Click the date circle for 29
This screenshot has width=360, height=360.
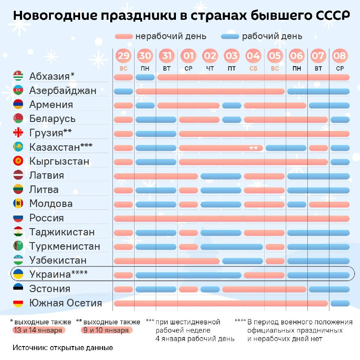(x=124, y=56)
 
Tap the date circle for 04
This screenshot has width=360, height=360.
(x=253, y=56)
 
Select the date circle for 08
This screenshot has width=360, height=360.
(x=340, y=56)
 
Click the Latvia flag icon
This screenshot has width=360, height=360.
(x=18, y=175)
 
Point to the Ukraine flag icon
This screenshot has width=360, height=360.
(x=18, y=274)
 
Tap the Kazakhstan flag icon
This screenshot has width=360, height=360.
(x=18, y=147)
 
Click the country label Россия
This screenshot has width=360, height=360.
(x=46, y=218)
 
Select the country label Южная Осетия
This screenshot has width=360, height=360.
(x=66, y=303)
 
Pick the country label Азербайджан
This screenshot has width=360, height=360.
(x=63, y=90)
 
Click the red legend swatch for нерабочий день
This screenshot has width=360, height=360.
(x=124, y=36)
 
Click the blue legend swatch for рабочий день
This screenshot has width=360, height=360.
(x=230, y=36)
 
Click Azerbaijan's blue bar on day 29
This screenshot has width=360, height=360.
(x=123, y=91)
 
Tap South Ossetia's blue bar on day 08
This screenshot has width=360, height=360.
(x=340, y=303)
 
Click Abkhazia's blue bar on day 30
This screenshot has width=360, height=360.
(x=145, y=77)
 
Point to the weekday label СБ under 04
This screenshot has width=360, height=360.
(x=253, y=68)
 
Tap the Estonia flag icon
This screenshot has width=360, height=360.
(x=18, y=289)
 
